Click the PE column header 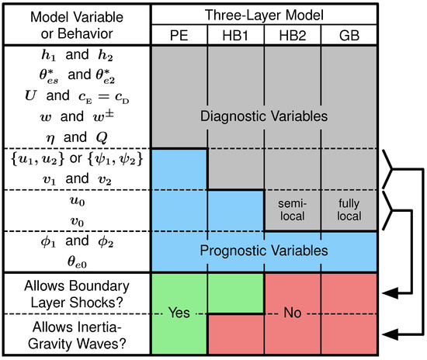[179, 36]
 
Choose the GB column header [350, 36]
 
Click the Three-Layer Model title [264, 15]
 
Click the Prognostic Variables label [264, 251]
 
